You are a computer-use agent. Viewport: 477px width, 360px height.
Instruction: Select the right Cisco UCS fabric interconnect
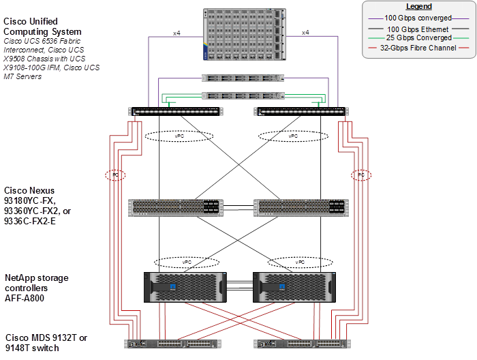(x=301, y=111)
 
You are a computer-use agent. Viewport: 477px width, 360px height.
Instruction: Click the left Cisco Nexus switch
(x=176, y=207)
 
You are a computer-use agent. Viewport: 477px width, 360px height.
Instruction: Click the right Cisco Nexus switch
(x=299, y=207)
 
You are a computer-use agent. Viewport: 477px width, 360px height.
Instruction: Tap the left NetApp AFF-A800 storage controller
(x=183, y=287)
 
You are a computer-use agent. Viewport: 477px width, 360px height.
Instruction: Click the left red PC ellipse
(x=114, y=175)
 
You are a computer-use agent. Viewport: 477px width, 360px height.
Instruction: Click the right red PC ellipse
(x=360, y=175)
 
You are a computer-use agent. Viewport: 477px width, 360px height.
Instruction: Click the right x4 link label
(x=305, y=32)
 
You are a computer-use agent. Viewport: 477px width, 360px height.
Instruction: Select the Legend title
(x=418, y=7)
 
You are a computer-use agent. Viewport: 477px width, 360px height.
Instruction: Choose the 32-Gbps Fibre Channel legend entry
(x=418, y=48)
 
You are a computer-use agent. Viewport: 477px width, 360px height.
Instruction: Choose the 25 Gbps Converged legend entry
(x=418, y=38)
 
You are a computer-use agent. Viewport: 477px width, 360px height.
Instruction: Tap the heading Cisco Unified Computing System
(x=43, y=27)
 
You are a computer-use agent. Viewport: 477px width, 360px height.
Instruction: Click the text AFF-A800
(x=25, y=299)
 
